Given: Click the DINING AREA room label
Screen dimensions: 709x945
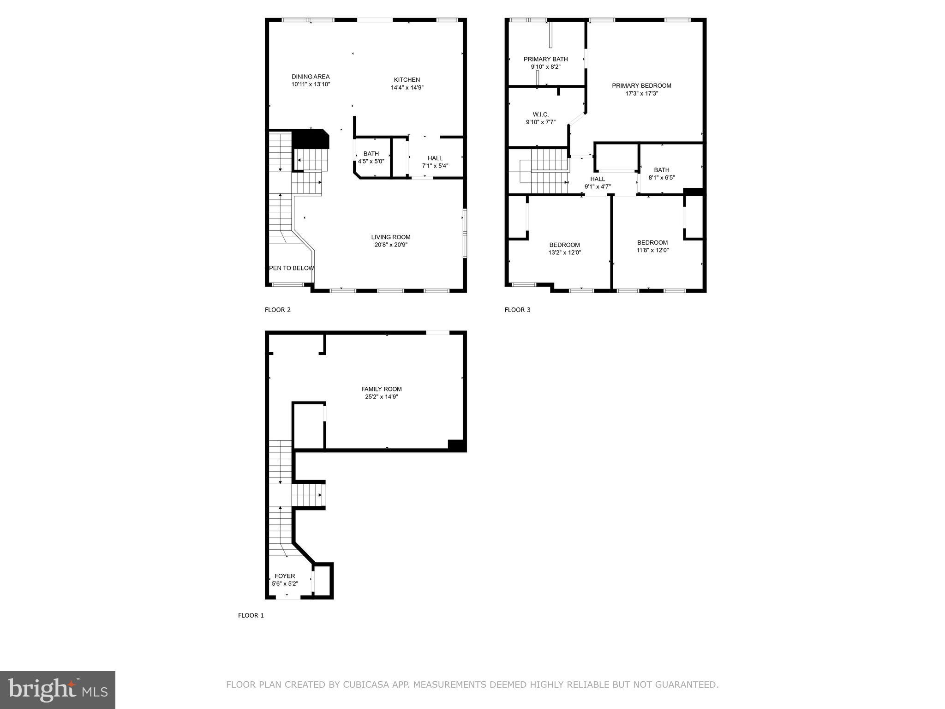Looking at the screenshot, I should pyautogui.click(x=311, y=77).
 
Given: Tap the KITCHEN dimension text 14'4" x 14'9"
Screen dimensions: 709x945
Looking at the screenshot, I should pyautogui.click(x=407, y=87).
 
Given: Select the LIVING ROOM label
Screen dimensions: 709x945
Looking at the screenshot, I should pyautogui.click(x=391, y=237).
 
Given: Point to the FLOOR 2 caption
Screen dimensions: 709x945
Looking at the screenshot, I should pyautogui.click(x=277, y=310).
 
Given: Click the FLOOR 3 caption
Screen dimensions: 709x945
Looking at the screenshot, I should pyautogui.click(x=517, y=310).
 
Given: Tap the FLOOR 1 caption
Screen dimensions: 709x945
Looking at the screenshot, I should pyautogui.click(x=251, y=615).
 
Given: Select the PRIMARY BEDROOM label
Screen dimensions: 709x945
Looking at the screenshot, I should pyautogui.click(x=641, y=85).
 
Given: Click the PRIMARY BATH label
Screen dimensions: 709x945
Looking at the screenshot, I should pyautogui.click(x=545, y=59).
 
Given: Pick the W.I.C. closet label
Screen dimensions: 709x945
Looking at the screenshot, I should pyautogui.click(x=540, y=114).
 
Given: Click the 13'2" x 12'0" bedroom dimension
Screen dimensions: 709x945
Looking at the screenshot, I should pyautogui.click(x=564, y=252).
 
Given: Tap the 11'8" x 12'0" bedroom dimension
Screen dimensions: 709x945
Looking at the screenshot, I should pyautogui.click(x=652, y=250).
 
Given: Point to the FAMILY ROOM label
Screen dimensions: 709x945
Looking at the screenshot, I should pyautogui.click(x=381, y=389).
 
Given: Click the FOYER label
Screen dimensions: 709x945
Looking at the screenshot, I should pyautogui.click(x=285, y=576).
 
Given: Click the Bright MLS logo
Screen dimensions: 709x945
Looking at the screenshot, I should pyautogui.click(x=58, y=690).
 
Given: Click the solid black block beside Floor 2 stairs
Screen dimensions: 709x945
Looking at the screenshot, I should pyautogui.click(x=310, y=138).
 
